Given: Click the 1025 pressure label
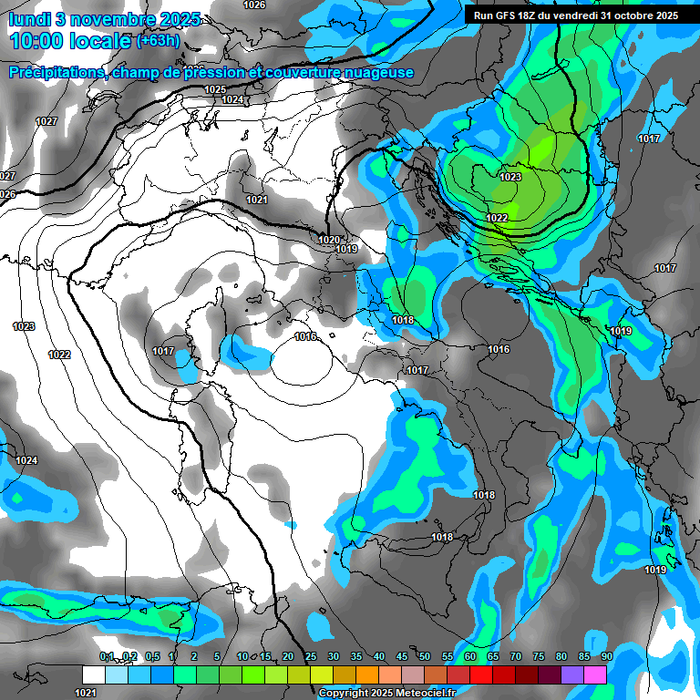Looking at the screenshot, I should point(215,89).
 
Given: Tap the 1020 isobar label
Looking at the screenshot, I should point(329,240).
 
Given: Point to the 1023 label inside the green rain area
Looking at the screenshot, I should point(510,177).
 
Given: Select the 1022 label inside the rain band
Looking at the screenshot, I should point(497,218).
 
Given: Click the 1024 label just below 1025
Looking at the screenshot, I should point(232,99).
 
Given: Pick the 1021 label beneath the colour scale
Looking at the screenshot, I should point(86,693).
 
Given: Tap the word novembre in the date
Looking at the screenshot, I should point(103,18).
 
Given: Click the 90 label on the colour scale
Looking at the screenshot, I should point(606,656).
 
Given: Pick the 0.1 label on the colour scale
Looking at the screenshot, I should point(107,656).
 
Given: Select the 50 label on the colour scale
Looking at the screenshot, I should point(425,656).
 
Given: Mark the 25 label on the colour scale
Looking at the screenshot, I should point(311,656).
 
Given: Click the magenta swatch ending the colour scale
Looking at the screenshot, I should point(595,674).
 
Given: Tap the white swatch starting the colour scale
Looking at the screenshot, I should point(94,674).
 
